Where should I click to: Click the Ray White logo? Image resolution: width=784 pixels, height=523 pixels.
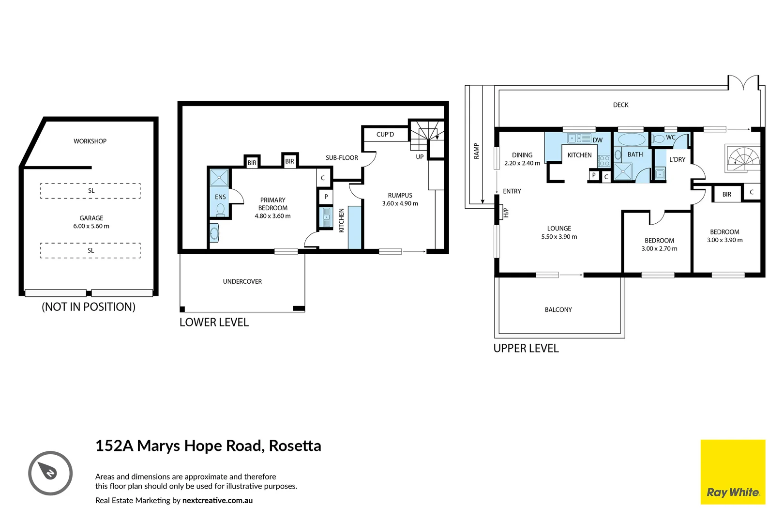[x=733, y=472]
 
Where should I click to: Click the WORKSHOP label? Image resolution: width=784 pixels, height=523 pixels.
[x=90, y=141]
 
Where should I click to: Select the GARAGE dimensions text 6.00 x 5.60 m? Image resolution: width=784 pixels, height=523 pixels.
[x=91, y=226]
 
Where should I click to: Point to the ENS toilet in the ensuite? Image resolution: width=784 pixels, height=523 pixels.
[x=220, y=210]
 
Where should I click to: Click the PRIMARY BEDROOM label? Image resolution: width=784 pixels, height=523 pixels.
[x=272, y=204]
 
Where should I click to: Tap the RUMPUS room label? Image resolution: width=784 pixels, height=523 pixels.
[x=400, y=196]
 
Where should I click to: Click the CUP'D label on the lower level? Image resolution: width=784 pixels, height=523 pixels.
[x=385, y=135]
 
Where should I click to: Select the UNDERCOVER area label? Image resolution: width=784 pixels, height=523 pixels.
[x=242, y=282]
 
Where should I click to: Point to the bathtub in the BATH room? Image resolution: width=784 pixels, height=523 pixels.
[x=632, y=139]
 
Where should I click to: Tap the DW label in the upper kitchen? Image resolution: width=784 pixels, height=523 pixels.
[x=598, y=140]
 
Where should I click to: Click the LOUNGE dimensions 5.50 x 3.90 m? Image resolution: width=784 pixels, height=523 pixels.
[x=559, y=237]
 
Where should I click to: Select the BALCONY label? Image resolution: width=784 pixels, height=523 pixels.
[x=558, y=309]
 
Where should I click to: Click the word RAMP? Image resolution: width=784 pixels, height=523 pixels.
[x=476, y=151]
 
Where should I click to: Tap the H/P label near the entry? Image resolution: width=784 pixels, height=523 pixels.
[x=505, y=212]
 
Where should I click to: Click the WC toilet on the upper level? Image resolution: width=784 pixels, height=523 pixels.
[x=658, y=138]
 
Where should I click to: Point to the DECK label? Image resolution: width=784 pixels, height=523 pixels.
[x=620, y=105]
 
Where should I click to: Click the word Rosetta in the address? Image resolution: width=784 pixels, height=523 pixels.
[x=295, y=446]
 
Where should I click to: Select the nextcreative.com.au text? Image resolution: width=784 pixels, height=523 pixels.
[x=217, y=501]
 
